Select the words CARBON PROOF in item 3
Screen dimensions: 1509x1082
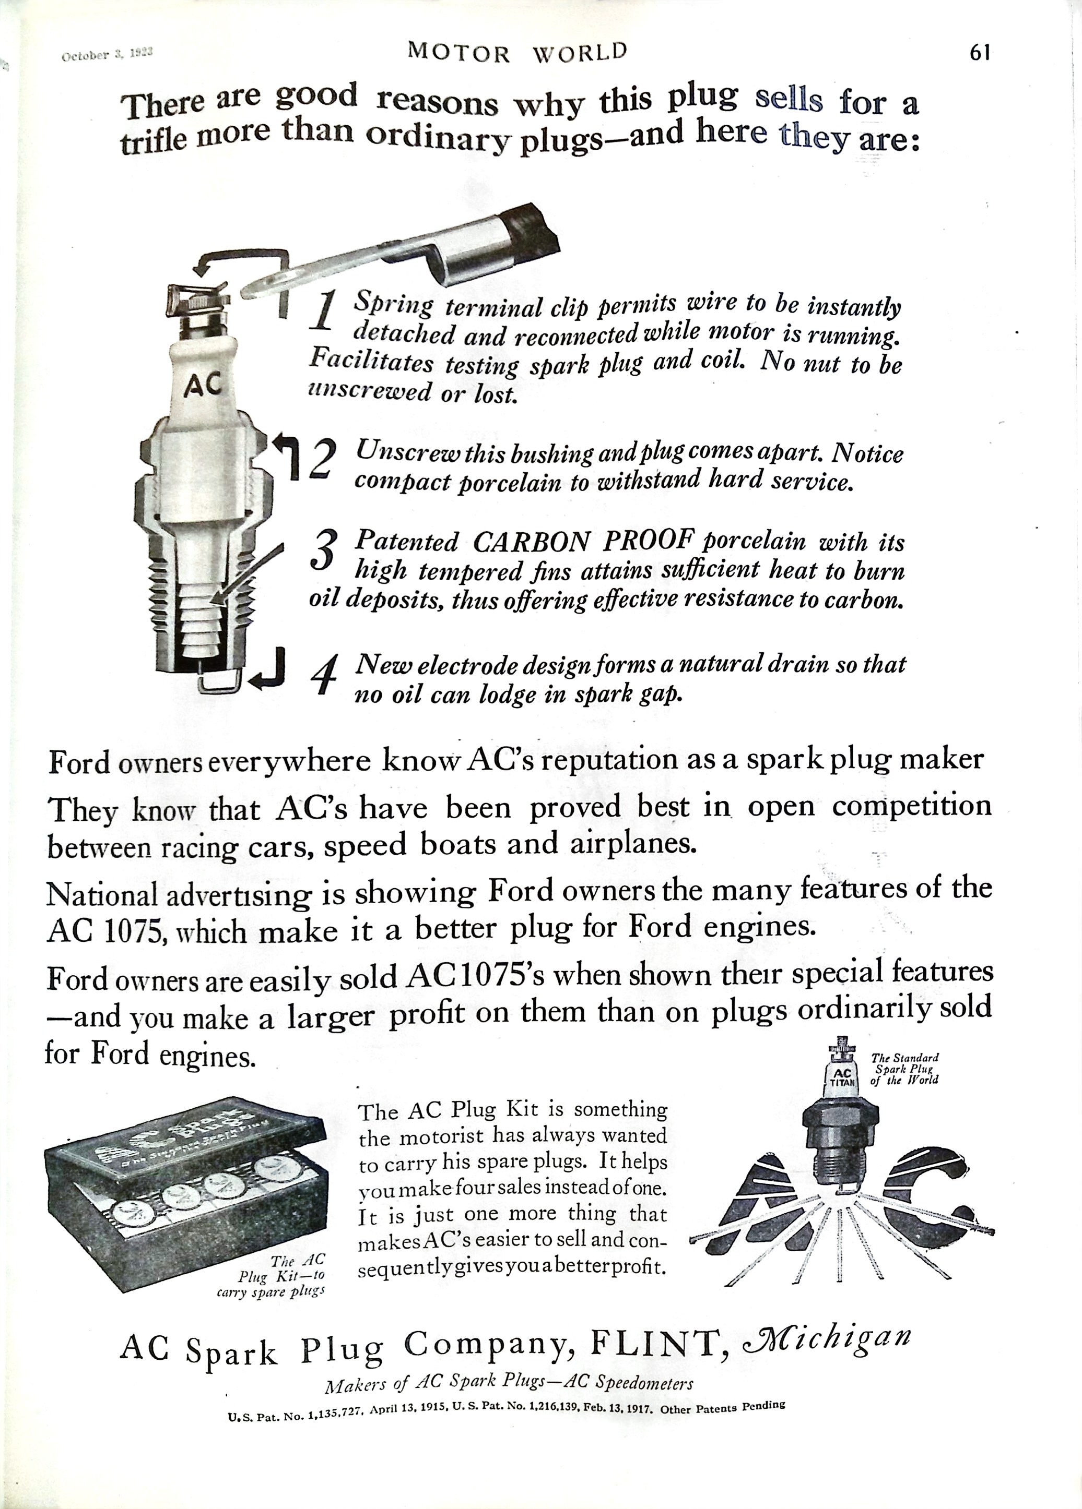(x=579, y=542)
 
